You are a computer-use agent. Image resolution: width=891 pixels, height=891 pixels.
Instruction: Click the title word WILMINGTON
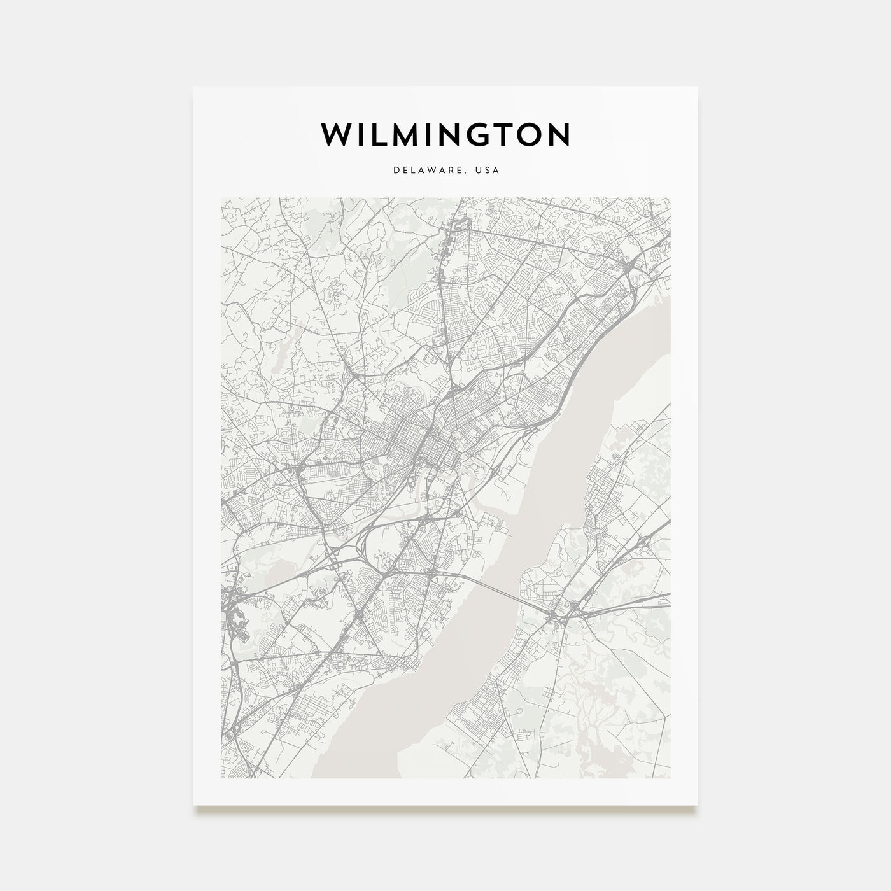click(x=445, y=134)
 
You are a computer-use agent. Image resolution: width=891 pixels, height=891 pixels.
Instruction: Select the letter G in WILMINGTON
click(x=482, y=134)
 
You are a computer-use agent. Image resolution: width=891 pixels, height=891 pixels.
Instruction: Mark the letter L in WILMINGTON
click(x=377, y=134)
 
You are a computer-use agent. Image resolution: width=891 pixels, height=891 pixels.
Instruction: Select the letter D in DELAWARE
click(x=395, y=171)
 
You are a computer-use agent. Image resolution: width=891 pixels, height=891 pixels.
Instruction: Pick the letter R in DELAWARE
click(x=454, y=171)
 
